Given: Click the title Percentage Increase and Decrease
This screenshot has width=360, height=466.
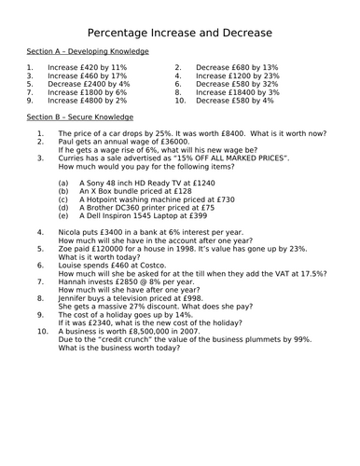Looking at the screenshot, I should tap(179, 34).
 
